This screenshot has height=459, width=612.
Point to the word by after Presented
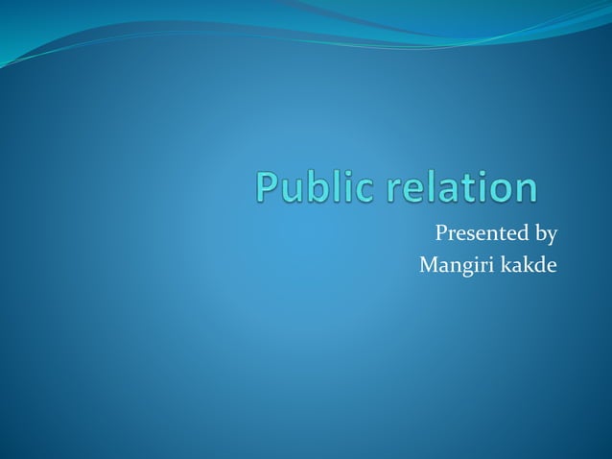coord(545,234)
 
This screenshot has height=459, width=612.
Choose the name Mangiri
coord(454,265)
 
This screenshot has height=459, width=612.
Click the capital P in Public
coord(269,187)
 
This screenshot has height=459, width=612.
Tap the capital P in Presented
coord(442,233)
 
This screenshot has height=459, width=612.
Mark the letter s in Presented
coord(473,235)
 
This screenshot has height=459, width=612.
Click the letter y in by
coord(552,237)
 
